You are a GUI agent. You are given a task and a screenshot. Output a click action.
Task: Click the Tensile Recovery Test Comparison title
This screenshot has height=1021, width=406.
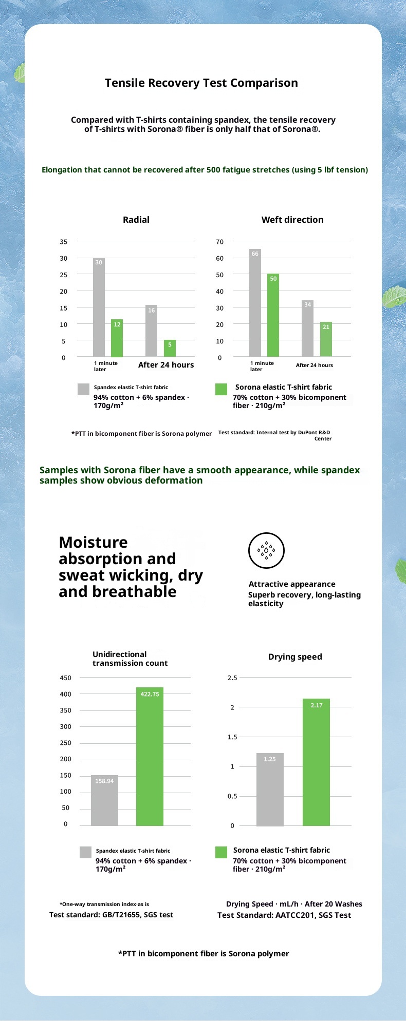[201, 83]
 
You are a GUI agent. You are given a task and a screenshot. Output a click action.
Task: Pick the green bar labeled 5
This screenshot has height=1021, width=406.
[170, 349]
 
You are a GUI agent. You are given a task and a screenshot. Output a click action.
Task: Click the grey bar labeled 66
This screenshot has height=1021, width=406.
[255, 303]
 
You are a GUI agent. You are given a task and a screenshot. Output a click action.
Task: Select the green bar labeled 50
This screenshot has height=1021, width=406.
[273, 315]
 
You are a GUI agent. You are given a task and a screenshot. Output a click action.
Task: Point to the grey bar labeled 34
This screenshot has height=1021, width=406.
[307, 329]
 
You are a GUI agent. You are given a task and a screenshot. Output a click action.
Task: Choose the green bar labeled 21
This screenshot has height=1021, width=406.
[326, 339]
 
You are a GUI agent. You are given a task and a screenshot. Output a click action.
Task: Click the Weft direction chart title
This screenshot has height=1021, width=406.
[292, 220]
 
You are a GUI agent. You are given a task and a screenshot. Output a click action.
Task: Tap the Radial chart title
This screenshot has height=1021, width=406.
[136, 220]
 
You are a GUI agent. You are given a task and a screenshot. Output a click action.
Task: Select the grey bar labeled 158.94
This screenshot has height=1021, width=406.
[104, 800]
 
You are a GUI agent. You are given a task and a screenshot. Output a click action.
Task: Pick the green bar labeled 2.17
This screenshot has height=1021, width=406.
[316, 762]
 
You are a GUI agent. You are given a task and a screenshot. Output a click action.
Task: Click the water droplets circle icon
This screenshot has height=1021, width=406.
[266, 550]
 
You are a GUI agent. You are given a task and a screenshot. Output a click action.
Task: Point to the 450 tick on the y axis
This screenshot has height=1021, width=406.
[66, 678]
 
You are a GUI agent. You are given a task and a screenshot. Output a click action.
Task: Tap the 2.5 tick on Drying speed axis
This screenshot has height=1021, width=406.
[232, 678]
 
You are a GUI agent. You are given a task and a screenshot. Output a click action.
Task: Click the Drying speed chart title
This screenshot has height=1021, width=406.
[295, 657]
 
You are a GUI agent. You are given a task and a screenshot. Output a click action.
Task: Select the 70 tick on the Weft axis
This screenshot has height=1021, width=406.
[220, 241]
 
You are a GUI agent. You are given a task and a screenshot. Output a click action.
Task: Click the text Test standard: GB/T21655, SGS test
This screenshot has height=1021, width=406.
[111, 915]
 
